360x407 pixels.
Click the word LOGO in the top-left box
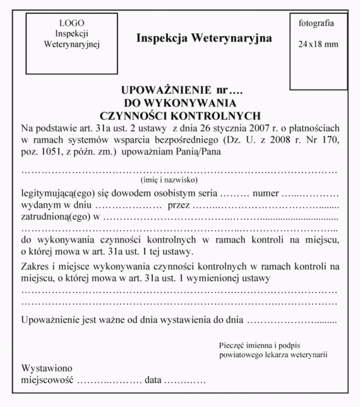click(x=72, y=23)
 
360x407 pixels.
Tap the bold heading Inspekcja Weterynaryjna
click(x=204, y=39)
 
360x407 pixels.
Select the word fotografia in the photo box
click(x=316, y=23)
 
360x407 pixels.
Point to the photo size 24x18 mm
click(x=318, y=44)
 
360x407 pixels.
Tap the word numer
click(x=266, y=192)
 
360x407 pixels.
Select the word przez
click(x=180, y=204)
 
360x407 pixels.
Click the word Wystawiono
click(x=47, y=368)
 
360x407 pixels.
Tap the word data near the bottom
click(x=154, y=380)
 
